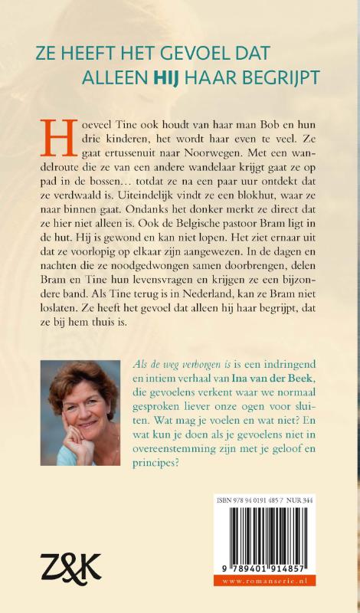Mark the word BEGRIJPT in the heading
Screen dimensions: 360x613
(x=282, y=77)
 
